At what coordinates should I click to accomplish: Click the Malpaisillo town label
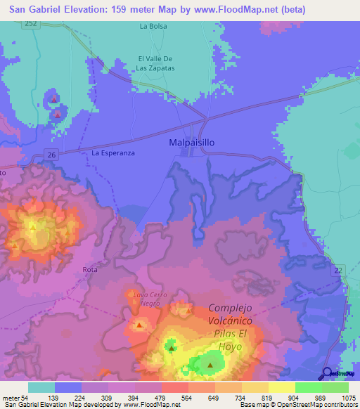[192, 142]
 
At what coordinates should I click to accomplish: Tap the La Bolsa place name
[153, 27]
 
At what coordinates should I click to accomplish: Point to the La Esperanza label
[112, 152]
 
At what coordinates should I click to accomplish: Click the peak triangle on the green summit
[210, 365]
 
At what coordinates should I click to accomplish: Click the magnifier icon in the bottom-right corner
[327, 373]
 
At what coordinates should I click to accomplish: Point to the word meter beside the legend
[12, 398]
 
